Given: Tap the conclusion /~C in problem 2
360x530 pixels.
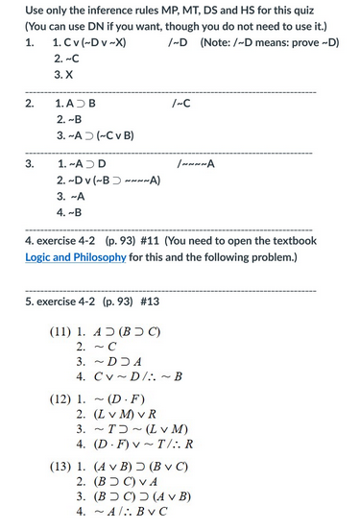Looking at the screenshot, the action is click(179, 103).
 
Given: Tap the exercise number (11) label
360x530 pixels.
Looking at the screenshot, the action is click(61, 334).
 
